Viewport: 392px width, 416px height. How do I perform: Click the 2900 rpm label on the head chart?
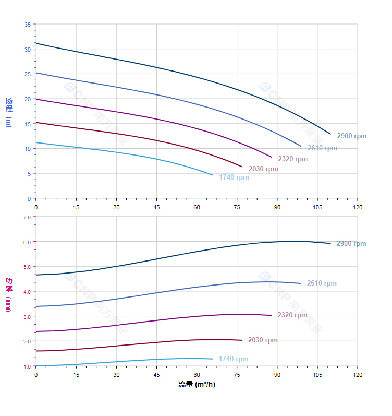[x=351, y=136]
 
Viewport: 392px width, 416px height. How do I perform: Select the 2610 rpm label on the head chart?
[x=322, y=148]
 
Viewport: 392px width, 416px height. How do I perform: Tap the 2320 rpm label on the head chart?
[x=292, y=159]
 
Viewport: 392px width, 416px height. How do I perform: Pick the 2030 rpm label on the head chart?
[x=263, y=169]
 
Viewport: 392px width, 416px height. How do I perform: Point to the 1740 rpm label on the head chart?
[x=234, y=177]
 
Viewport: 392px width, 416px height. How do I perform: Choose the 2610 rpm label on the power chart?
[x=322, y=283]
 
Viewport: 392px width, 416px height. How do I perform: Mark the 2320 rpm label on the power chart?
[x=292, y=315]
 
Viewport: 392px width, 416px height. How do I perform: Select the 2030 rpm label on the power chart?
[x=263, y=340]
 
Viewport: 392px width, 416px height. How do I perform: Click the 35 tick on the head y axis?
[x=27, y=25]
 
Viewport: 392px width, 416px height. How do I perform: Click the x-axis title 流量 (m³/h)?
[x=197, y=385]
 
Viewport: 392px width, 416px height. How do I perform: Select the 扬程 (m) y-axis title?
[x=8, y=112]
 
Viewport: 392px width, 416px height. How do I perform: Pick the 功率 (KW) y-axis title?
[x=8, y=295]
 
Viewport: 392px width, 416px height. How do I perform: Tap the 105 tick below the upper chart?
[x=317, y=207]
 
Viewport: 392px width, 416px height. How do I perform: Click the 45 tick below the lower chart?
[x=156, y=375]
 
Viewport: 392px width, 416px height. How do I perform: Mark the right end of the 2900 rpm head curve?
[x=330, y=134]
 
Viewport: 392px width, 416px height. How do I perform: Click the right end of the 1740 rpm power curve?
[x=213, y=359]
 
